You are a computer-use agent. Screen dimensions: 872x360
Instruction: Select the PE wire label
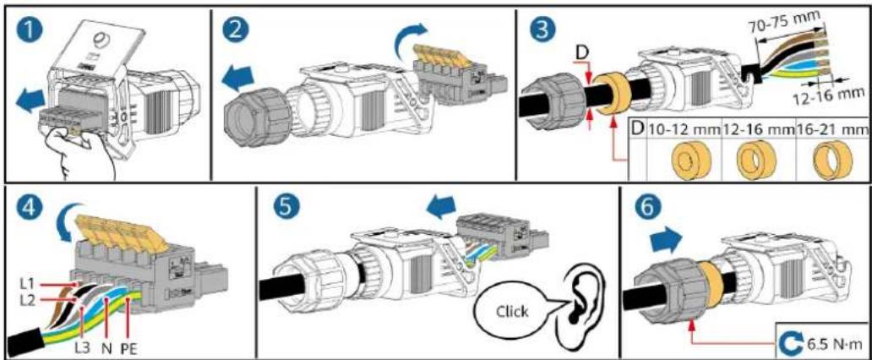129,350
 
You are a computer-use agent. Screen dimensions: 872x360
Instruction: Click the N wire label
106,350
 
